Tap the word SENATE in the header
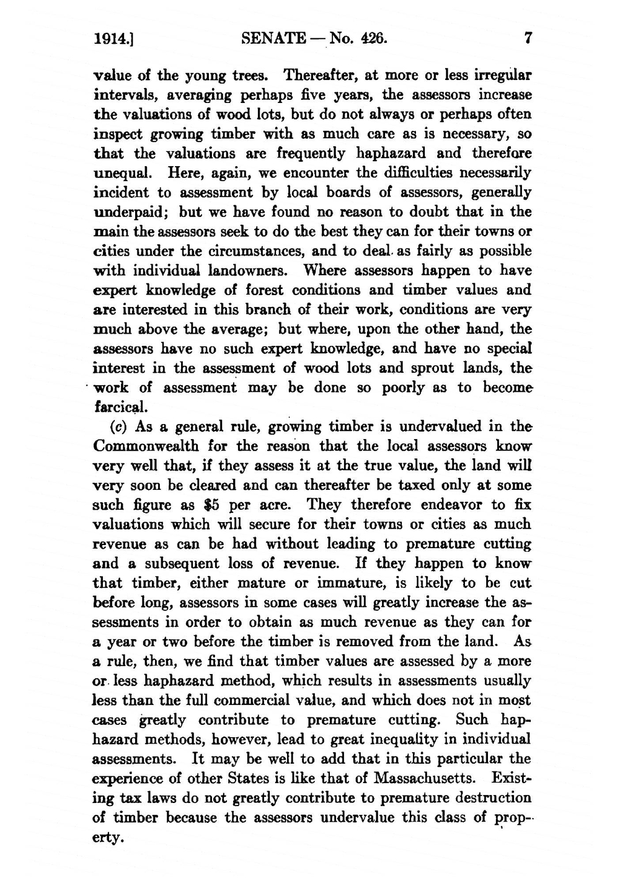(x=272, y=39)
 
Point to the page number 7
(x=528, y=39)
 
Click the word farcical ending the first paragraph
(x=120, y=408)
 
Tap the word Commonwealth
(x=146, y=446)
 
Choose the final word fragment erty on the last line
(x=108, y=838)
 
